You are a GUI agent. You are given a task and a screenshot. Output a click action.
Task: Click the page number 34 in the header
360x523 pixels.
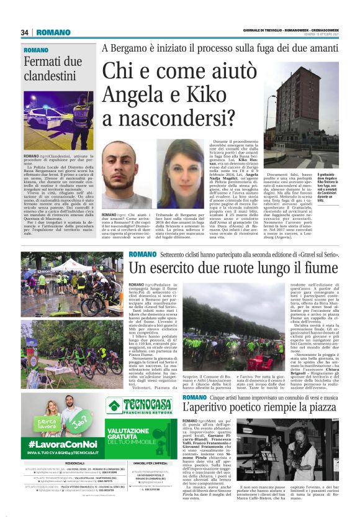click(x=25, y=32)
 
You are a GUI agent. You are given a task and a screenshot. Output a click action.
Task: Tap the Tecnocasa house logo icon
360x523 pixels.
click(x=114, y=406)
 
